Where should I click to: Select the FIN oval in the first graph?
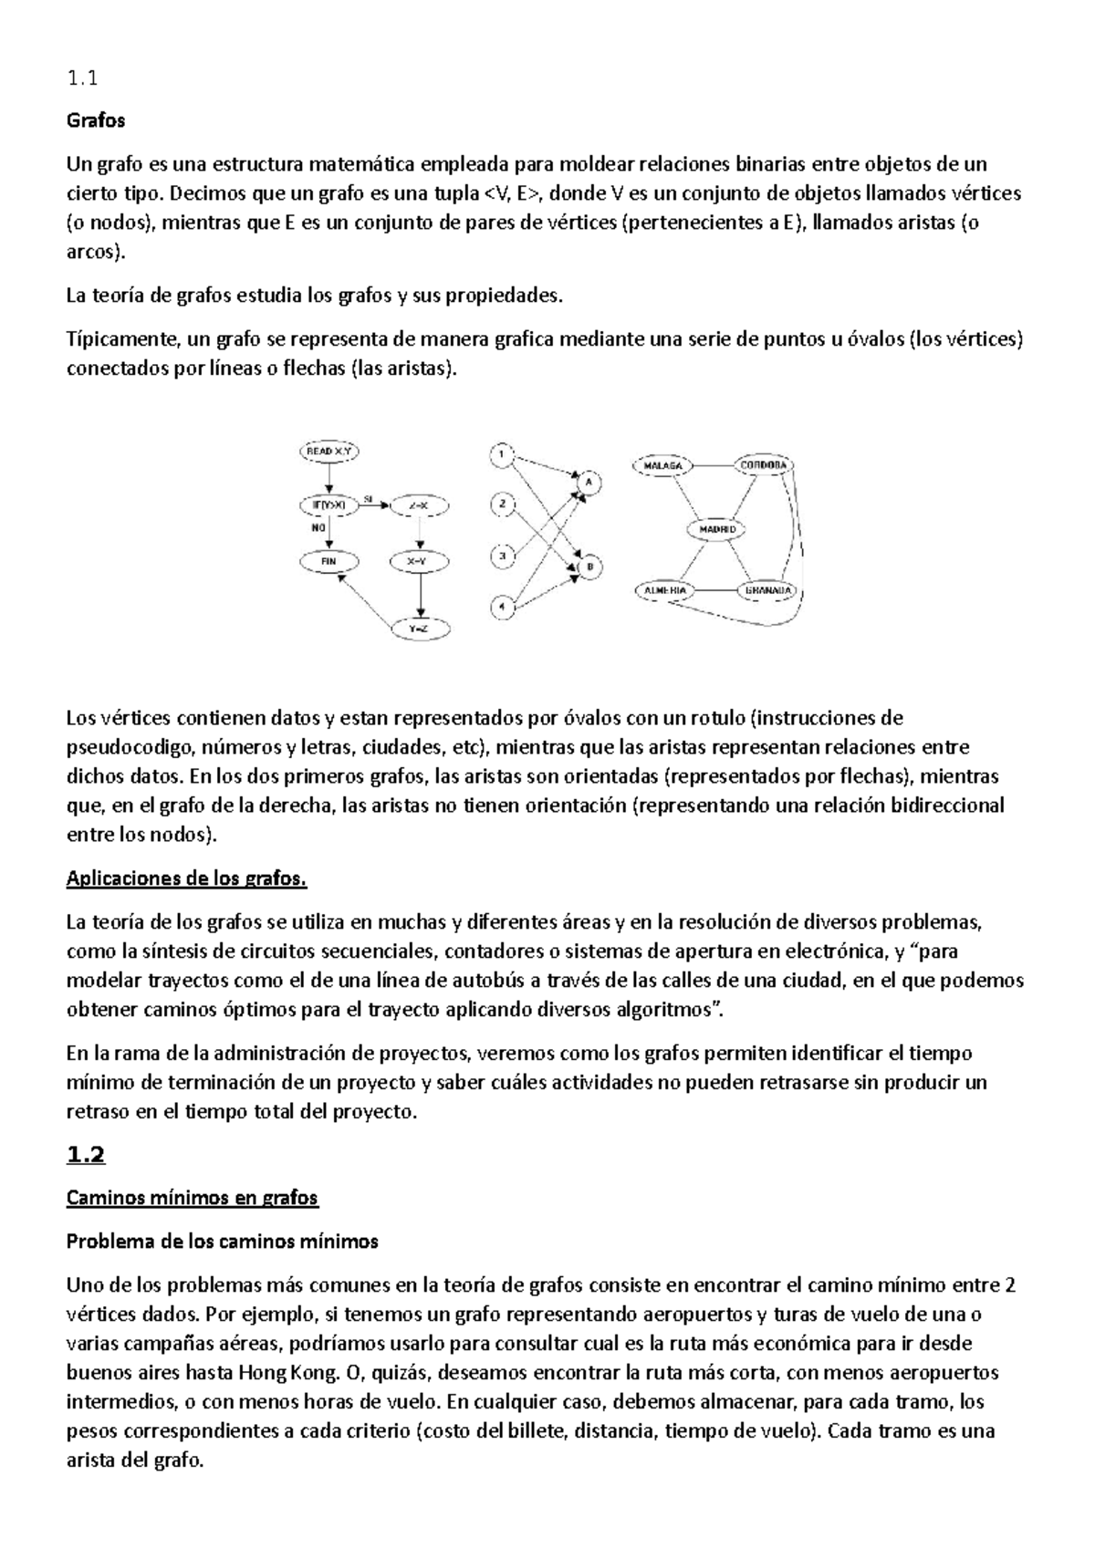pos(328,562)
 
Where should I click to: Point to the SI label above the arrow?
pos(369,497)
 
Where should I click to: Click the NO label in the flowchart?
pos(318,526)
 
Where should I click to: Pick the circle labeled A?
pos(589,481)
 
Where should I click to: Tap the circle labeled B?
pos(589,567)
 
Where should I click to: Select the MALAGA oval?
pos(662,465)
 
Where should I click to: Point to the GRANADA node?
pos(767,590)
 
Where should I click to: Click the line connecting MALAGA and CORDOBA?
pos(714,465)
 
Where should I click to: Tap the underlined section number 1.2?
pos(86,1155)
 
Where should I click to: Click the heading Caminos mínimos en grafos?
pos(192,1198)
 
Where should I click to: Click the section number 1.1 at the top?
pos(81,78)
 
